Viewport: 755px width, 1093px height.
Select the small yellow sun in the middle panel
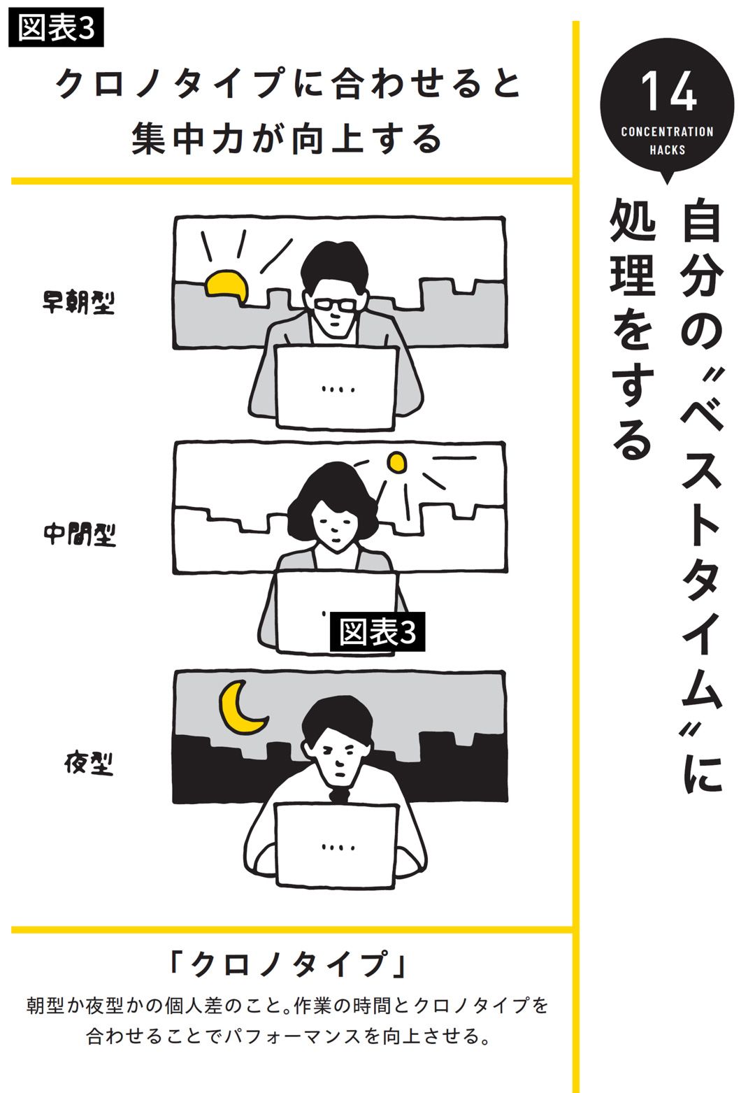tap(396, 462)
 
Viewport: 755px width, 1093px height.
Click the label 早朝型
tap(78, 303)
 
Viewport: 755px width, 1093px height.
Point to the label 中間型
tap(80, 534)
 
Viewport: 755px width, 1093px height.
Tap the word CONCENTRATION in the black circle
tap(667, 131)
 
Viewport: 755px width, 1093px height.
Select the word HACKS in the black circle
tap(667, 150)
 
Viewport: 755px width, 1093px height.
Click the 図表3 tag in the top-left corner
tap(56, 28)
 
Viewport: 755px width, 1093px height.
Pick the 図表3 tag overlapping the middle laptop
tap(377, 632)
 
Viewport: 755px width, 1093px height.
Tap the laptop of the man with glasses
tap(336, 388)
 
